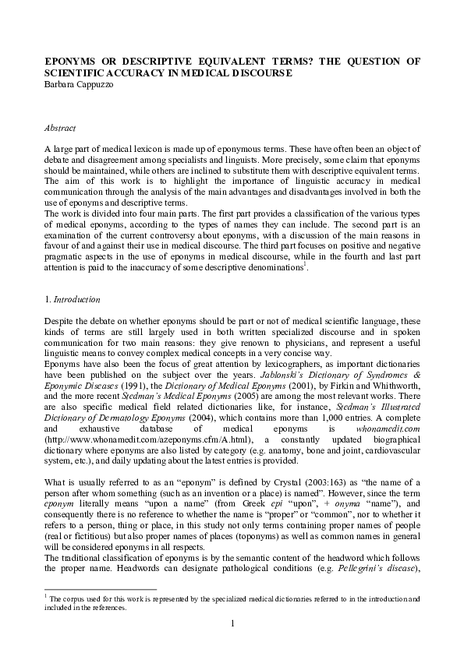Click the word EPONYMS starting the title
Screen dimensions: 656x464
coord(69,61)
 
